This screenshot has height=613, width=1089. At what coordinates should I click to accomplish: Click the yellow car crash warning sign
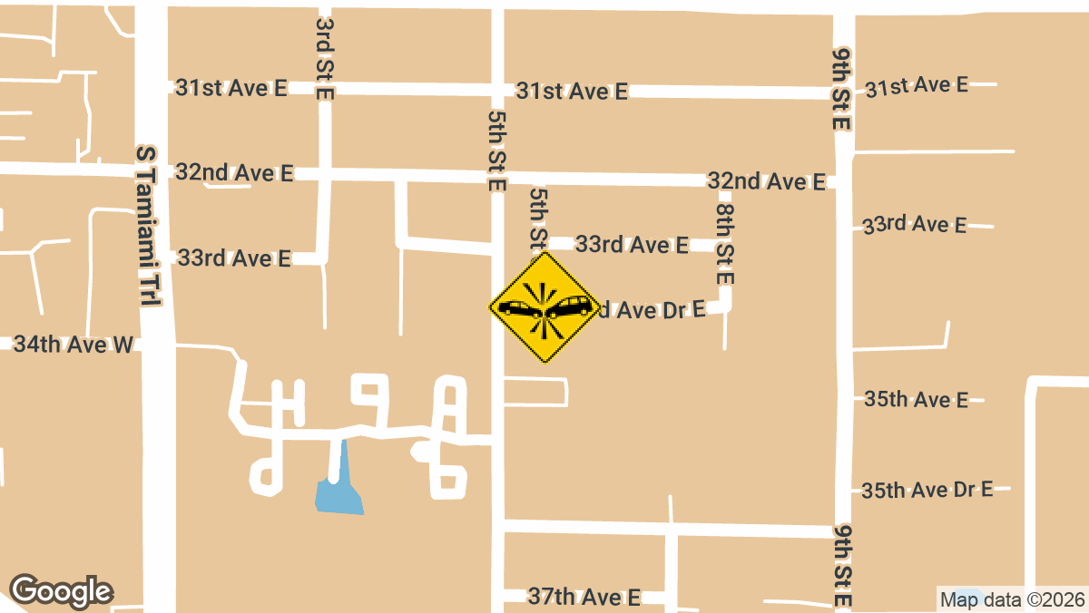point(545,307)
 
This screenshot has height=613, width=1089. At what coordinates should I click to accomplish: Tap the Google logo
point(62,591)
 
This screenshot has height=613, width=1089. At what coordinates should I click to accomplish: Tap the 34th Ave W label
point(73,344)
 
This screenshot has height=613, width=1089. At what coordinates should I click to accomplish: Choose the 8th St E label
point(724,243)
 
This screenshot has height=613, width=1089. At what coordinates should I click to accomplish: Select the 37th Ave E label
point(584,597)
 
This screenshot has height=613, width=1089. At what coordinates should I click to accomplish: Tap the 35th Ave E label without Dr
point(917,399)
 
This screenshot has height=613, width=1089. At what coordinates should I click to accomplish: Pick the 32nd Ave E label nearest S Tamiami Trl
point(235,172)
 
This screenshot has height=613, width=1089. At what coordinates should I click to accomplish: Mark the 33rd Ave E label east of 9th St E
point(915,224)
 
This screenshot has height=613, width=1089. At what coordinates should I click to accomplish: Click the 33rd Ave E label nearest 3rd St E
point(234,258)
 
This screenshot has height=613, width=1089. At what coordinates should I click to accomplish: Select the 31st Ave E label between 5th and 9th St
point(572,91)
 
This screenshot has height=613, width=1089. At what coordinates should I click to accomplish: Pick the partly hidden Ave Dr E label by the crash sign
point(652,310)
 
